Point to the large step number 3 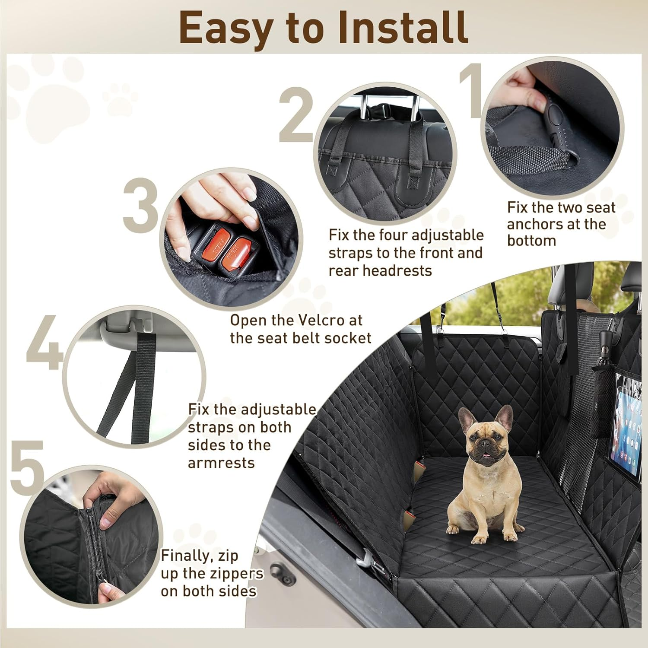pos(141,205)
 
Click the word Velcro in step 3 pos(317,321)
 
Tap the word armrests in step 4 pos(221,463)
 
